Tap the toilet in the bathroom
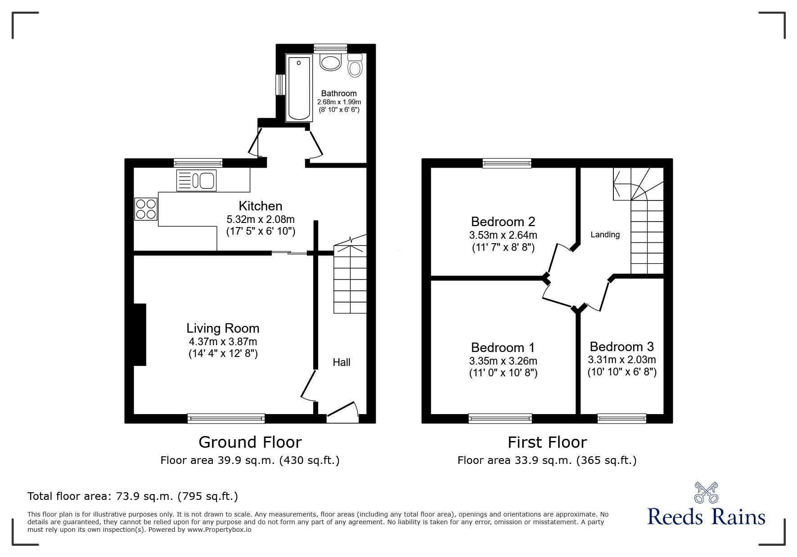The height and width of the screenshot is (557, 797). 355,66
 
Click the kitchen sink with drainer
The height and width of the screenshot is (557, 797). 196,180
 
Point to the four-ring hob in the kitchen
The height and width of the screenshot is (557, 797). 146,209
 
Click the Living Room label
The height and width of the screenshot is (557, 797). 223,328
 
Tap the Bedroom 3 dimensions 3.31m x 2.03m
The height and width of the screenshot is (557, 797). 621,360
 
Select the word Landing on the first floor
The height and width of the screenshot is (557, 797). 605,235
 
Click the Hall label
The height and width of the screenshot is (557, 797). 341,362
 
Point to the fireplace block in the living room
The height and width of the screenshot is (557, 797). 140,334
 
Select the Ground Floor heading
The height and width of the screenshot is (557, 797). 250,442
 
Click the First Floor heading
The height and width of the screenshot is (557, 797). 547,442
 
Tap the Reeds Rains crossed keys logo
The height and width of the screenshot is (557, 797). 706,493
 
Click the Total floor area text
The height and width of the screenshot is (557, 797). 133,496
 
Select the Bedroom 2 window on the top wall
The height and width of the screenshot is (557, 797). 507,163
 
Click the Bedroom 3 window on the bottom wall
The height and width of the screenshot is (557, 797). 621,419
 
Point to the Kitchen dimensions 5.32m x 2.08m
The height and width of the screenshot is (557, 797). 260,219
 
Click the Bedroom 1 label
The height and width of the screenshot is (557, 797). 503,348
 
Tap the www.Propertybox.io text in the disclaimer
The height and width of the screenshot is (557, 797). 219,530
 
